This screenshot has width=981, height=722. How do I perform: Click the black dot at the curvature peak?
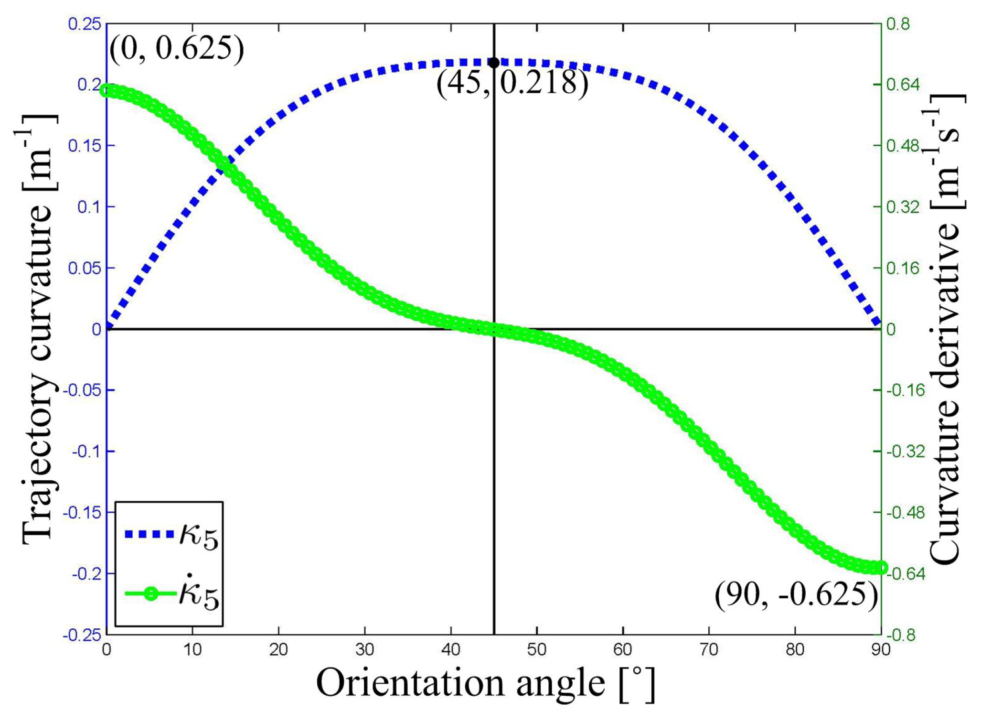[x=494, y=63]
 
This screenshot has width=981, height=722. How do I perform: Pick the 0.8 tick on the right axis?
[x=898, y=24]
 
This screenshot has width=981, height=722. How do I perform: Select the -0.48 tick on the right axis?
[x=906, y=512]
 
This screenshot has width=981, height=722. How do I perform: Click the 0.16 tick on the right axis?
[x=903, y=268]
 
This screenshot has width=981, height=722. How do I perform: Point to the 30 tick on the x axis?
[x=364, y=650]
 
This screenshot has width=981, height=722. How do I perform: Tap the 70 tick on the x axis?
[x=709, y=650]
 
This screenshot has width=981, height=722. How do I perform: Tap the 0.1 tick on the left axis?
[x=89, y=207]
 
